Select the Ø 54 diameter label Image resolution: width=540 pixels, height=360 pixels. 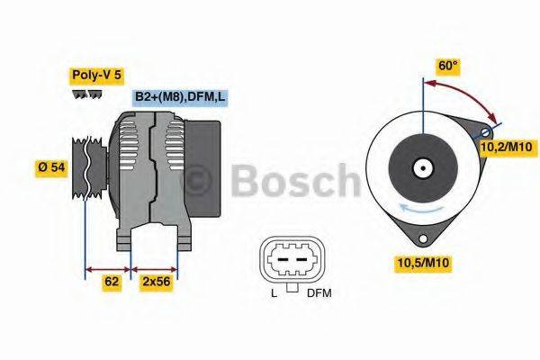tap(51, 168)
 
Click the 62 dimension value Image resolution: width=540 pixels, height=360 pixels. tap(112, 281)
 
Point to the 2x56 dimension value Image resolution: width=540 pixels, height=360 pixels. tap(156, 281)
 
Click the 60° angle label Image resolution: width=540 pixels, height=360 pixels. tap(448, 66)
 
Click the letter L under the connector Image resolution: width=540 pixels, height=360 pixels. tap(273, 293)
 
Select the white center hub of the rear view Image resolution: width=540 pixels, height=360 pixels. tap(421, 167)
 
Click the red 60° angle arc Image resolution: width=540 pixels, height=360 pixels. tap(468, 94)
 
